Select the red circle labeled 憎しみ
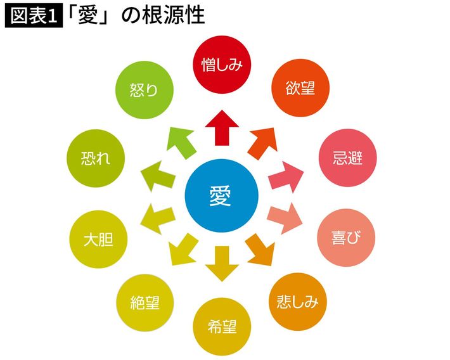point(221,63)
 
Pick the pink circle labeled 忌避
point(347,157)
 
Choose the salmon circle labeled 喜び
point(345,238)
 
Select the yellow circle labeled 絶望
point(145,302)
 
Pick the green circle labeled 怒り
point(143,90)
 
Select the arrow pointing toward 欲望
point(263,141)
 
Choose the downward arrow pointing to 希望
point(221,262)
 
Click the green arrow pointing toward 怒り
point(179,141)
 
